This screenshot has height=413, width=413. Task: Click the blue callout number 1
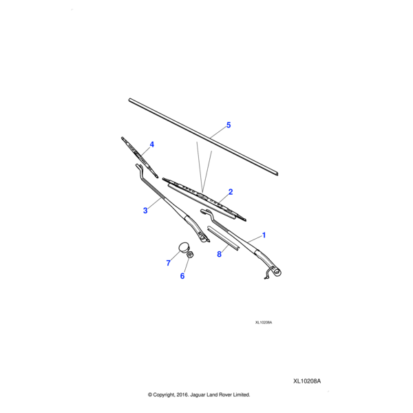pyautogui.click(x=264, y=235)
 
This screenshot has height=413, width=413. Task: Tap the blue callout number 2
pyautogui.click(x=231, y=192)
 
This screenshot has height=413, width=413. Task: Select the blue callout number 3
pyautogui.click(x=145, y=211)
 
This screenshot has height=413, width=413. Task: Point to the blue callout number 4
pyautogui.click(x=151, y=145)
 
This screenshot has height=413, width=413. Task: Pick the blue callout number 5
pyautogui.click(x=229, y=125)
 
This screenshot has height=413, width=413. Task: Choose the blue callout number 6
pyautogui.click(x=182, y=276)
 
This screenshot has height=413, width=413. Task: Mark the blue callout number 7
pyautogui.click(x=169, y=263)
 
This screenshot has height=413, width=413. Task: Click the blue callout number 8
pyautogui.click(x=219, y=254)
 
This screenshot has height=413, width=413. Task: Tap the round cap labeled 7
pyautogui.click(x=184, y=247)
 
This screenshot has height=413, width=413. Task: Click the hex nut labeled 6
pyautogui.click(x=190, y=255)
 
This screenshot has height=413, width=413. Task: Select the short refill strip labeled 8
pyautogui.click(x=223, y=237)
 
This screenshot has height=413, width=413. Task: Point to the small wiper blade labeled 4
pyautogui.click(x=140, y=157)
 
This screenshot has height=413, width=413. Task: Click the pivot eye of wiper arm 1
pyautogui.click(x=277, y=272)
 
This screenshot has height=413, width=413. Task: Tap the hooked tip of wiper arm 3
pyautogui.click(x=138, y=166)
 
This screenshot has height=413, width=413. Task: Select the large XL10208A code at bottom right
pyautogui.click(x=307, y=381)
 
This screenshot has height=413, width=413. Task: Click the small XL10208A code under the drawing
pyautogui.click(x=264, y=322)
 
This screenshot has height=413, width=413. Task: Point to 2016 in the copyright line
pyautogui.click(x=182, y=394)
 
